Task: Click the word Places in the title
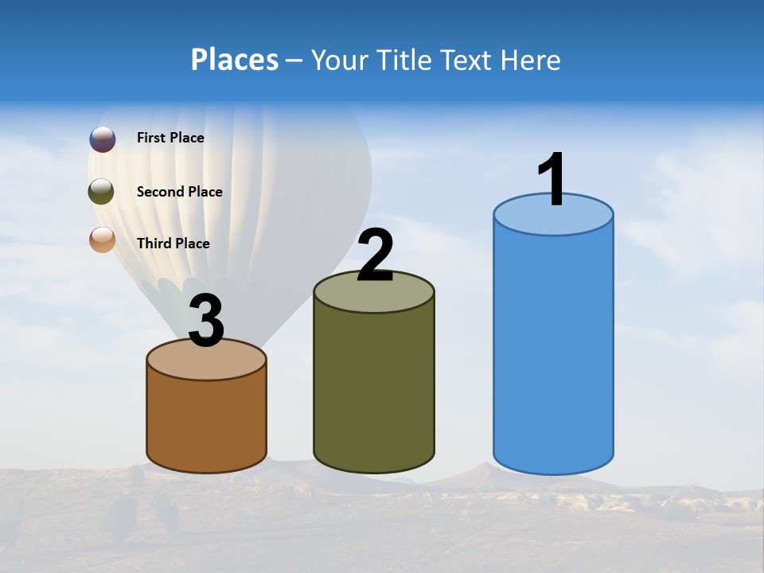(x=234, y=60)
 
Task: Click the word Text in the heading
(x=466, y=60)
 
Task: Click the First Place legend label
(x=170, y=138)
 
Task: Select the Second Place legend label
(x=179, y=191)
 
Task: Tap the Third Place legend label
(x=173, y=244)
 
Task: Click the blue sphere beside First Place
(x=103, y=139)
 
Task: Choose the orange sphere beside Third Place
(x=103, y=240)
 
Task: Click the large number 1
(x=552, y=180)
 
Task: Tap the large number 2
(x=375, y=256)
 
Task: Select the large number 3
(x=206, y=321)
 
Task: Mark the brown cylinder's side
(x=206, y=422)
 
